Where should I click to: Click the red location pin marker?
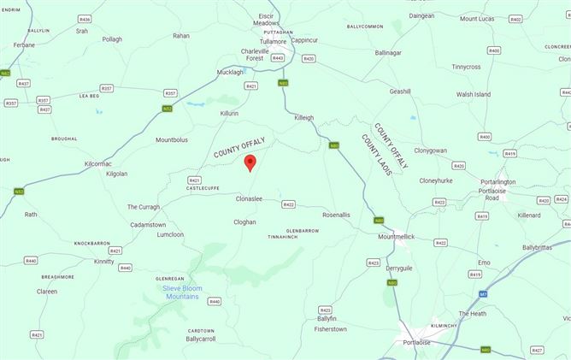click(x=250, y=162)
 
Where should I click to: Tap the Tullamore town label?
click(x=274, y=41)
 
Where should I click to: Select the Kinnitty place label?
click(x=103, y=261)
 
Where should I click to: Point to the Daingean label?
click(x=421, y=15)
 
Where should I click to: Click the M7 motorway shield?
click(x=483, y=294)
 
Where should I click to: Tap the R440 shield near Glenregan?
click(x=214, y=301)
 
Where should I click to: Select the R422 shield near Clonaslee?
click(x=288, y=204)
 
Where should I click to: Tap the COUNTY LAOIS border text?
click(x=377, y=155)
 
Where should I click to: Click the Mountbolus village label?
click(x=172, y=139)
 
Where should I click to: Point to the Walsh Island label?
click(x=474, y=94)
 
